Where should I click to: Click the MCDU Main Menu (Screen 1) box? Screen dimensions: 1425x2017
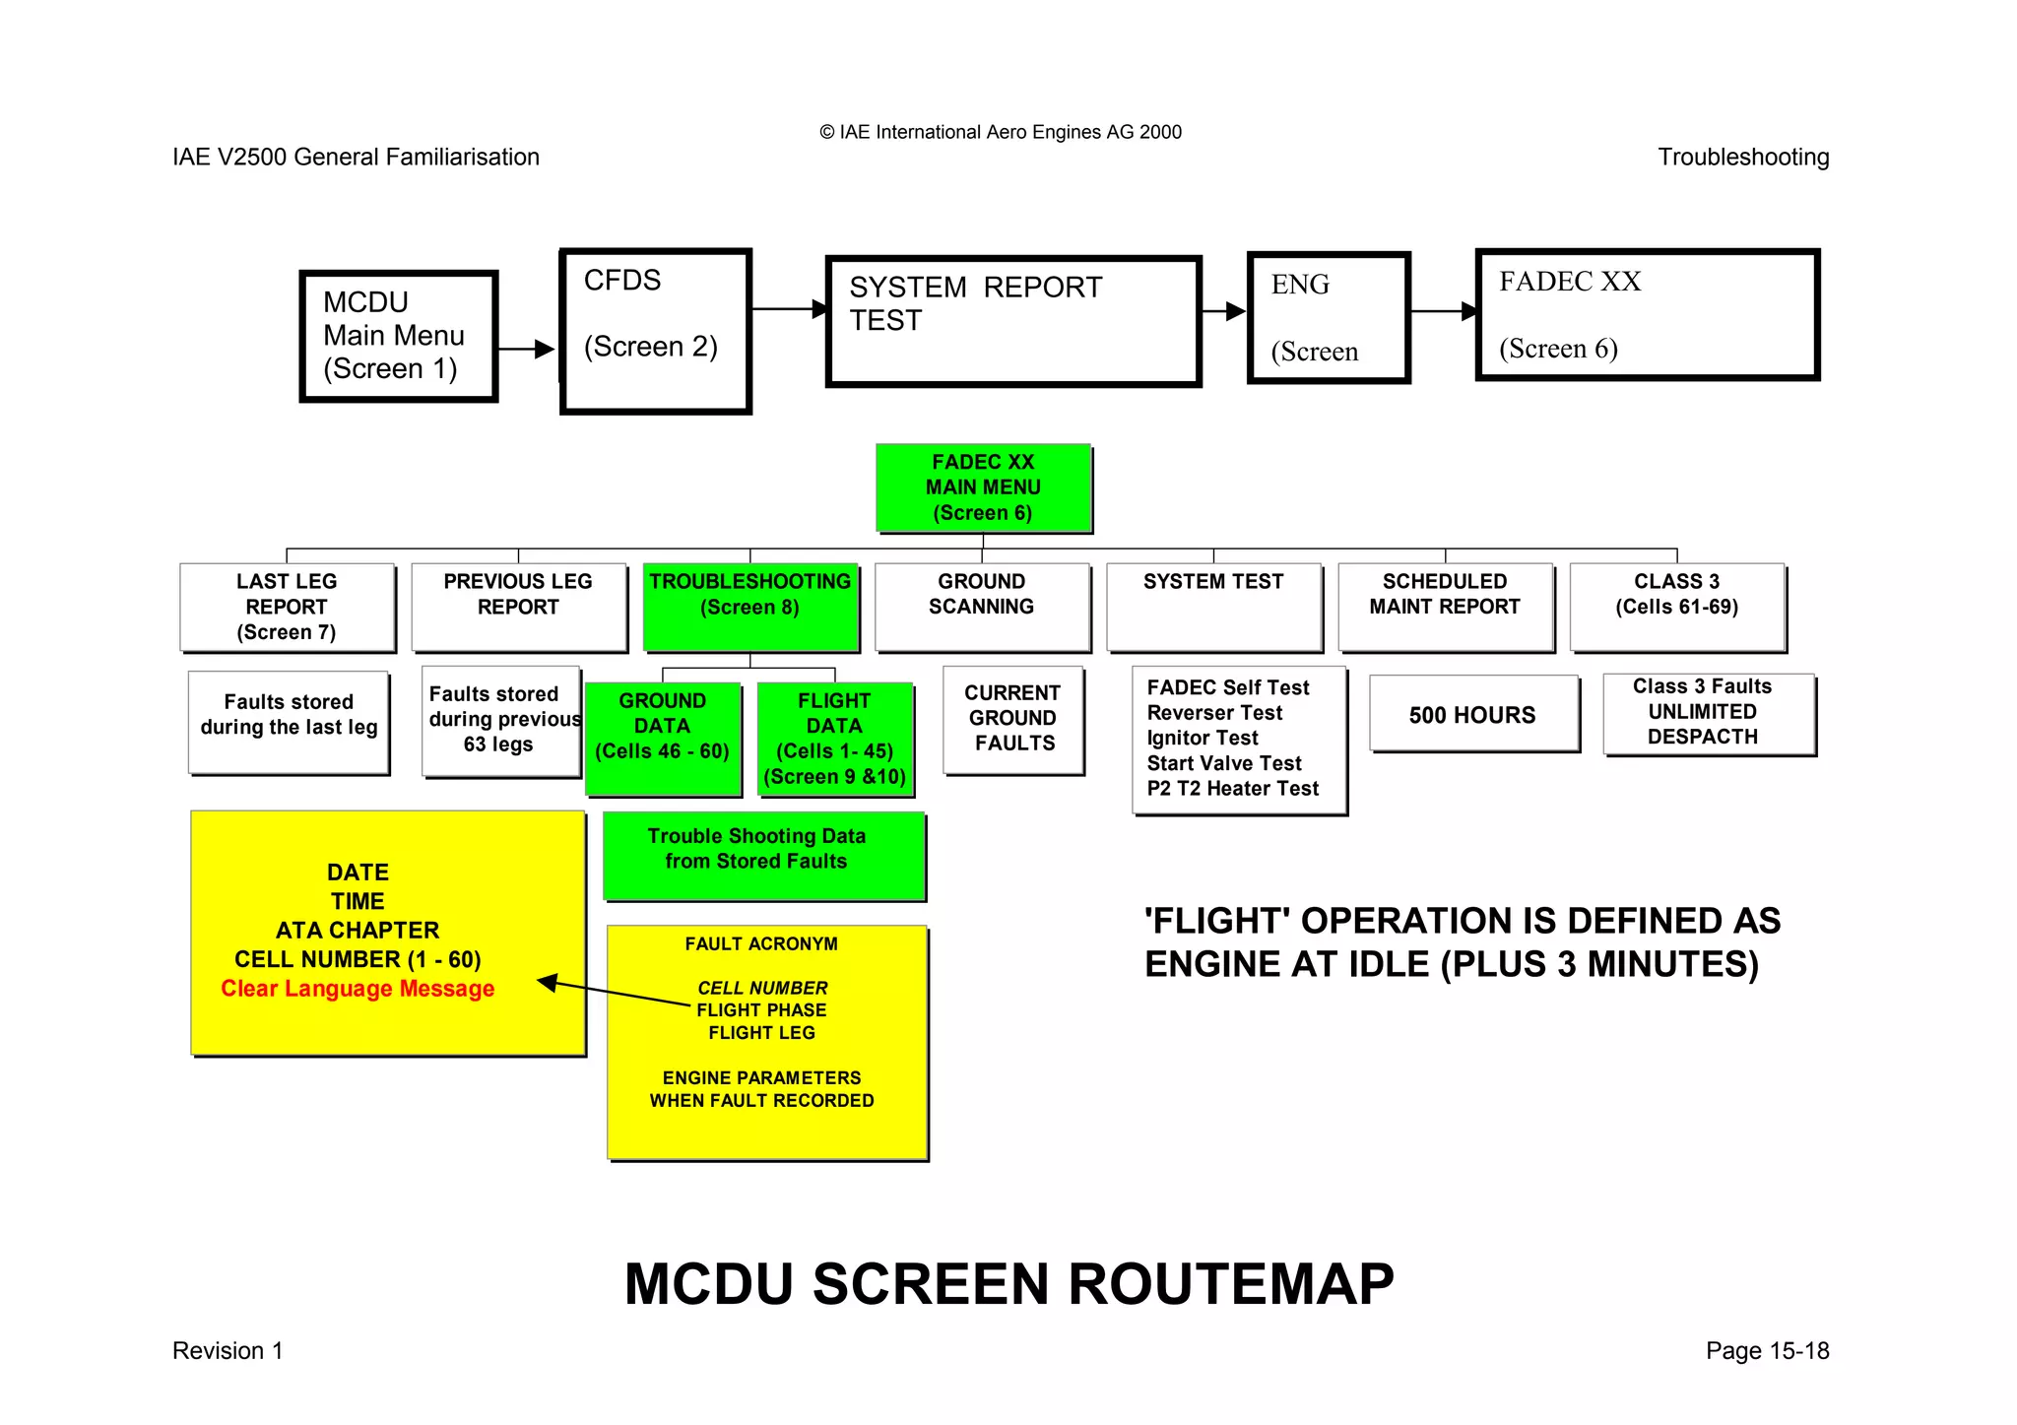tap(398, 336)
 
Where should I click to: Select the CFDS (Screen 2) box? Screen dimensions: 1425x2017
tap(655, 331)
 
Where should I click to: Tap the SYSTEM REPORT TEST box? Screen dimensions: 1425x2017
tap(1013, 321)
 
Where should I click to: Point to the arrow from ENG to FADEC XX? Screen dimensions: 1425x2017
tap(1443, 311)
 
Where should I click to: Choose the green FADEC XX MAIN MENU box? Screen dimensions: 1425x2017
tap(983, 487)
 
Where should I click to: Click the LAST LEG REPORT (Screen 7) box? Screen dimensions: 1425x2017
tap(287, 607)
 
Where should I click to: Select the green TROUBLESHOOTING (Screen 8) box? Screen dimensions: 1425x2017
tap(750, 607)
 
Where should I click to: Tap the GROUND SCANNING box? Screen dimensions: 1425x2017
tap(982, 607)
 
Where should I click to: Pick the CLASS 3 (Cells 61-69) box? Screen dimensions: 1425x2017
tap(1676, 607)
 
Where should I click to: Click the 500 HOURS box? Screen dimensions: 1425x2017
tap(1472, 715)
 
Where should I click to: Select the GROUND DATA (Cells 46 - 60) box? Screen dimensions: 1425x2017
tap(662, 738)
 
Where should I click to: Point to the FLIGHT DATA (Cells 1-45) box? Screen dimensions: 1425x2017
tap(835, 738)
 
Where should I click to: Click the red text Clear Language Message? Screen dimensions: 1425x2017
tap(358, 989)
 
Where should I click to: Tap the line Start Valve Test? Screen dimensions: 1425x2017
tap(1224, 763)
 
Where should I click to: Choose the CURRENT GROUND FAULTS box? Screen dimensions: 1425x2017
tap(1012, 719)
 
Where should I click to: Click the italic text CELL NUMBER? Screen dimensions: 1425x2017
tap(762, 988)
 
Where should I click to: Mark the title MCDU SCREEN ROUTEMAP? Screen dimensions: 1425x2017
tap(1008, 1284)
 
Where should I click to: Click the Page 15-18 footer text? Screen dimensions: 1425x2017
tap(1767, 1350)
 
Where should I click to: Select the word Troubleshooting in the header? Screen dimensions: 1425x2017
tap(1742, 158)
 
